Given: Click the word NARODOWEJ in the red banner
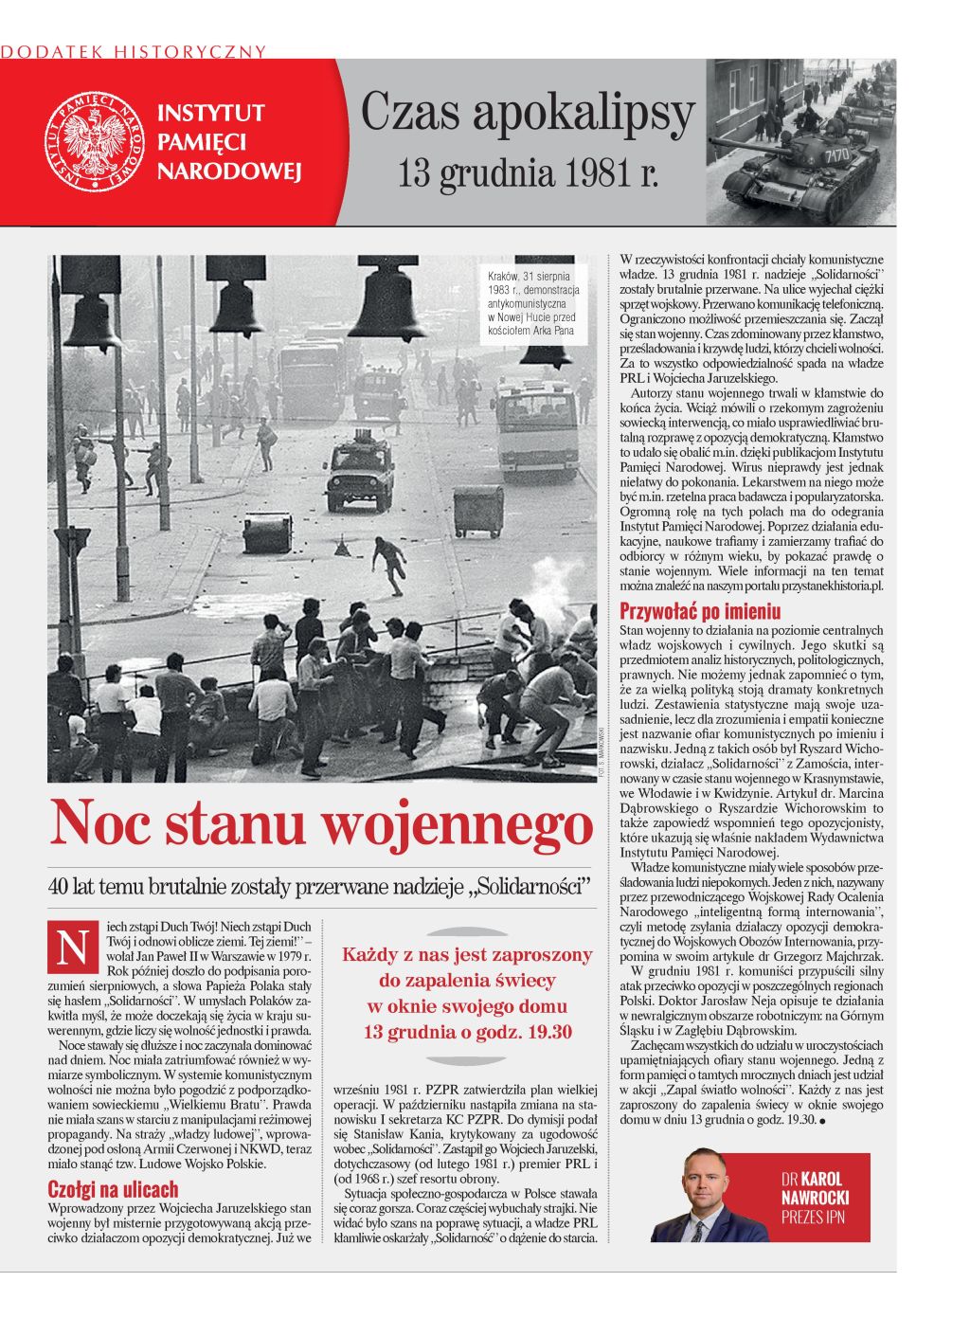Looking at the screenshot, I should point(228,172).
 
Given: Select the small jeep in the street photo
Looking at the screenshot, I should point(360,471).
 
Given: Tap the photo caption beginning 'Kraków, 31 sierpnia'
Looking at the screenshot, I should point(532,303).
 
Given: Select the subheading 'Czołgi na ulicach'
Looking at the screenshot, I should point(113,1189).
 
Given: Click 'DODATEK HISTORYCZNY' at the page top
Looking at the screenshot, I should point(134,51).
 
